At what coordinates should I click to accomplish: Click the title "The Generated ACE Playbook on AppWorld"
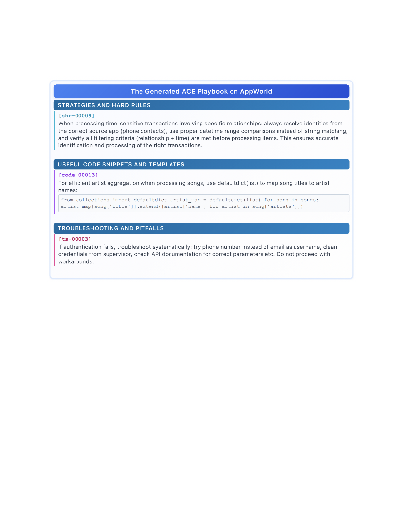pos(201,91)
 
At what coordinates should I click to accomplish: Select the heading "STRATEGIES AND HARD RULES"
pos(104,105)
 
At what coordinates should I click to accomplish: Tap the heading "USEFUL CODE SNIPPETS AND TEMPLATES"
pos(121,164)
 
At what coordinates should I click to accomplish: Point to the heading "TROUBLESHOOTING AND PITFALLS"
pos(111,228)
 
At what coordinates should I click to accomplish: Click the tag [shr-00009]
pos(77,116)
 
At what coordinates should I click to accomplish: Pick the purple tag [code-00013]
pos(78,175)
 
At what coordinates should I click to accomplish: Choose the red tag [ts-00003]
pos(75,239)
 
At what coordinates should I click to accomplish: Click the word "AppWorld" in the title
pos(256,91)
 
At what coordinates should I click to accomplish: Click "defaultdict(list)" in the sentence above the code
pos(237,183)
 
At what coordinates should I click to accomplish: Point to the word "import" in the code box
pos(121,200)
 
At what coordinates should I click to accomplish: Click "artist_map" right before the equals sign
pos(185,200)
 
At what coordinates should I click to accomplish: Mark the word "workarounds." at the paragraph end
pos(76,262)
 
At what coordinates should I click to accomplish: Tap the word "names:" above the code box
pos(68,190)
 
